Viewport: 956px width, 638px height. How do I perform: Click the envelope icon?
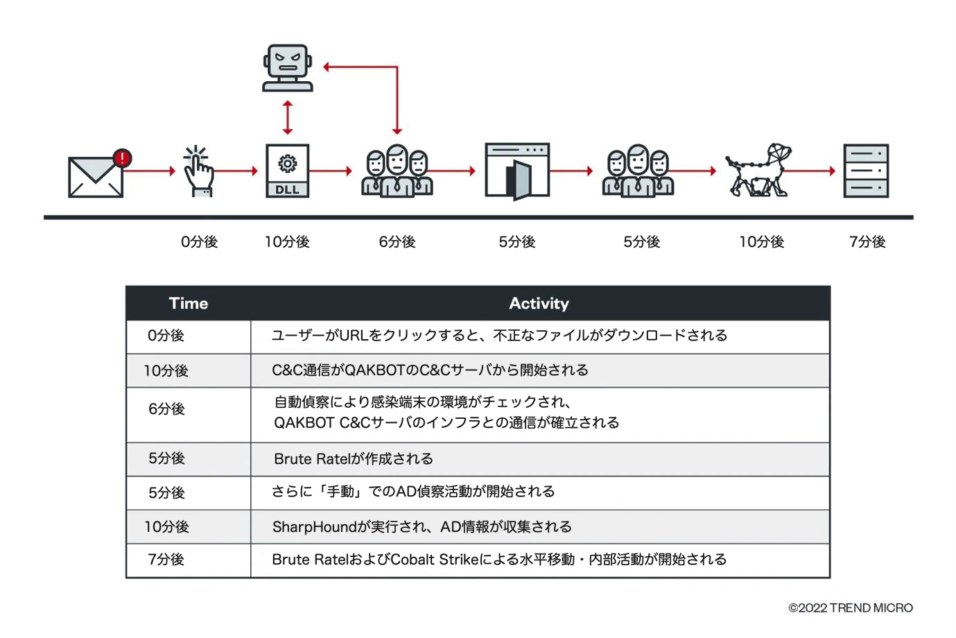tap(96, 177)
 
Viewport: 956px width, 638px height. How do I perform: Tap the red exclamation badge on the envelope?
tap(123, 158)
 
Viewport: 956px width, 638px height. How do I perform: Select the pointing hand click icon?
tap(198, 171)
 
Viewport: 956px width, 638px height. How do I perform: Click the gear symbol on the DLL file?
tap(287, 164)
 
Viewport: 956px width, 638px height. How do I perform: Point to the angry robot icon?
tap(288, 69)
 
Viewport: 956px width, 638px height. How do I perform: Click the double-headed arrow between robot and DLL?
tap(288, 117)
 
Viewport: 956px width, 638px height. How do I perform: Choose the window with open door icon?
tap(517, 171)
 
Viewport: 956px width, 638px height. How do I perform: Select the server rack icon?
tap(866, 171)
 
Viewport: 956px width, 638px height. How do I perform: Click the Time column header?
tap(188, 303)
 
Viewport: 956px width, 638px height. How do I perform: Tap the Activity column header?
tap(539, 303)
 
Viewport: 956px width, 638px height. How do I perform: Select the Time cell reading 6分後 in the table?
tap(166, 409)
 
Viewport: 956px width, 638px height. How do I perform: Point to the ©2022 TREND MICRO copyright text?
tap(851, 608)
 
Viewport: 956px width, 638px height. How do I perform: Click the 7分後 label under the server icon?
tap(867, 242)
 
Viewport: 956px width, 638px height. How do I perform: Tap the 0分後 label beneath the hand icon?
tap(199, 242)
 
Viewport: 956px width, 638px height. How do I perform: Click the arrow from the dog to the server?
tap(812, 171)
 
